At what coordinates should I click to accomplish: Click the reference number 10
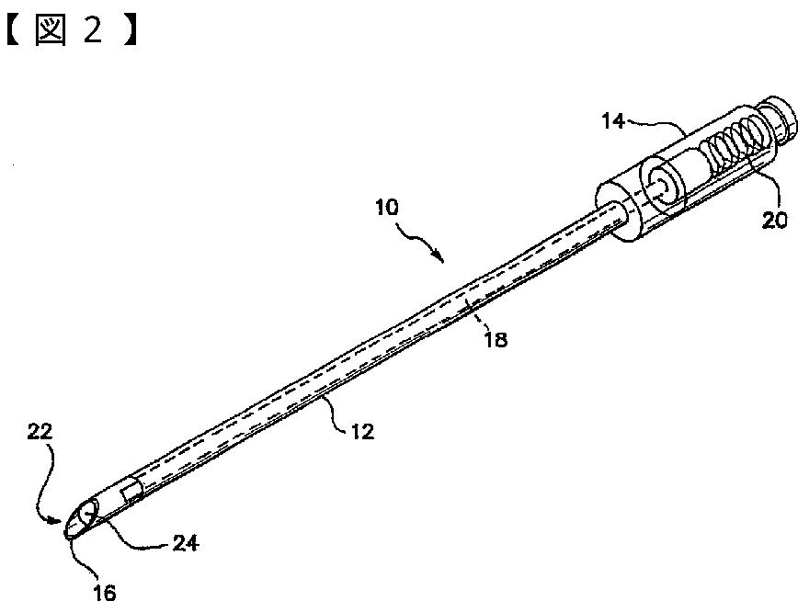387,208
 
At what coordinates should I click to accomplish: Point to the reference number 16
106,593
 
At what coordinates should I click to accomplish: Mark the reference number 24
185,543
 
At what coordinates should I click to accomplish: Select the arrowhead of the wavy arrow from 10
442,258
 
